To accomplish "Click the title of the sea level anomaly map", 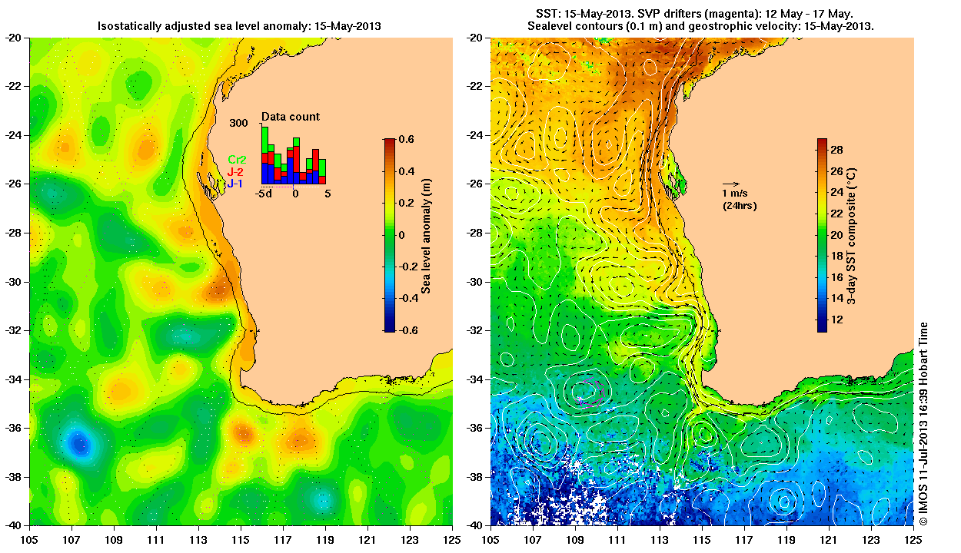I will tap(239, 26).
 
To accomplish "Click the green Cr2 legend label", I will tap(237, 159).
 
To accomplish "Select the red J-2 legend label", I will tap(237, 171).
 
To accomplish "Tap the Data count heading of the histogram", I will tap(291, 117).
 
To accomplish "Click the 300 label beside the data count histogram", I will tap(238, 123).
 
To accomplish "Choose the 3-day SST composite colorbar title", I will tap(852, 235).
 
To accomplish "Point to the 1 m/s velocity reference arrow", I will tap(731, 184).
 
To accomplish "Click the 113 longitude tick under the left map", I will tap(198, 540).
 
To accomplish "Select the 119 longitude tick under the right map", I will tap(786, 540).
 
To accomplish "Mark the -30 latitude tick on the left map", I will tap(15, 282).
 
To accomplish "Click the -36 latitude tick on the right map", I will tap(477, 428).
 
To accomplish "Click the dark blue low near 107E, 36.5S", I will tap(79, 443).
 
